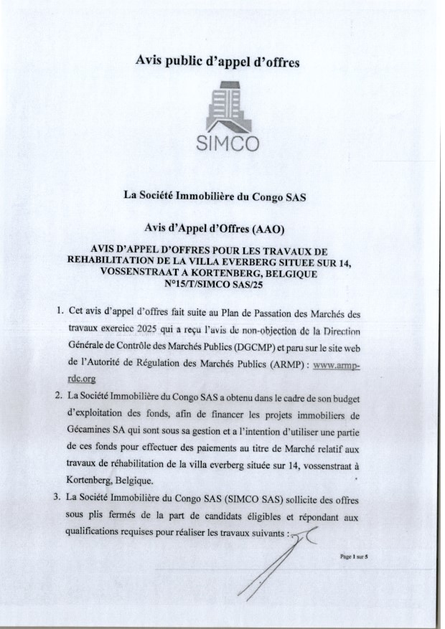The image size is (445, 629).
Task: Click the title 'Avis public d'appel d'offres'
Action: [x=217, y=62]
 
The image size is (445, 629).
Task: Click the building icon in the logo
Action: [x=228, y=108]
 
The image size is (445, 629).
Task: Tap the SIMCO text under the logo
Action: [x=228, y=143]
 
